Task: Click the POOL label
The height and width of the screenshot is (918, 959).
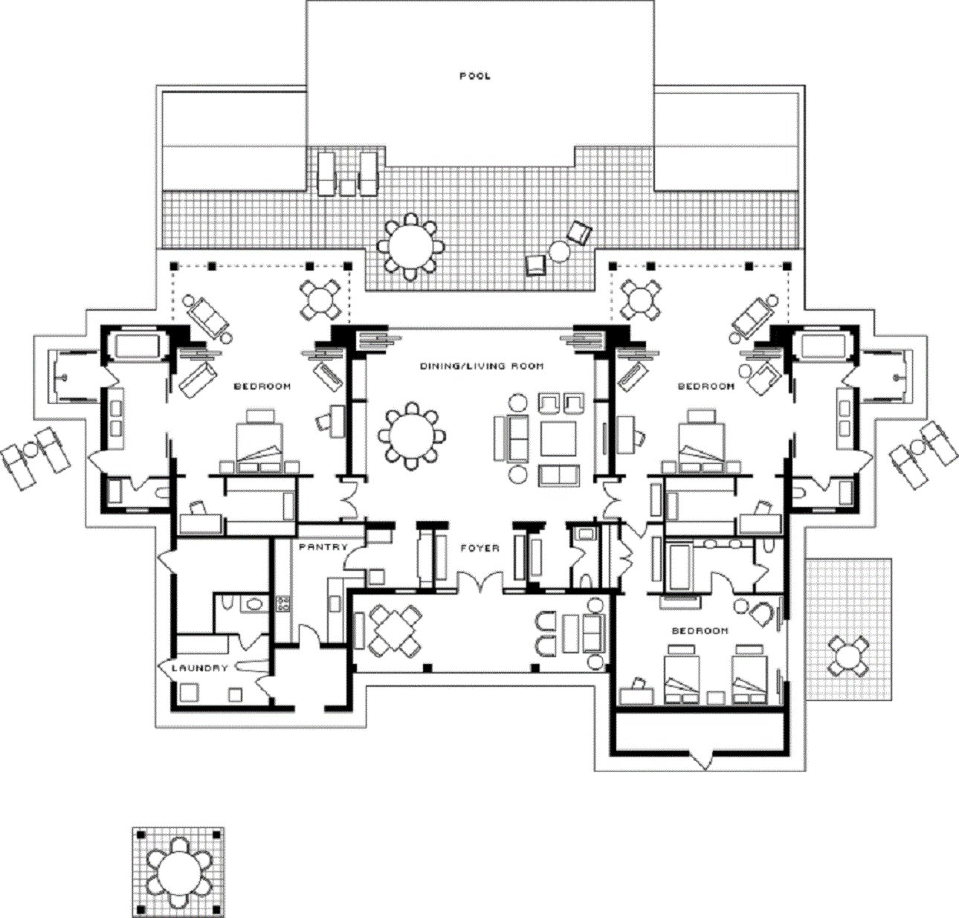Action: pyautogui.click(x=474, y=77)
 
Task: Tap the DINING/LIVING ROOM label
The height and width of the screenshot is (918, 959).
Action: pyautogui.click(x=482, y=366)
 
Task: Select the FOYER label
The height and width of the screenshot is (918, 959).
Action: pyautogui.click(x=480, y=548)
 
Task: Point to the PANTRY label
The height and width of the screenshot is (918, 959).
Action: pyautogui.click(x=323, y=547)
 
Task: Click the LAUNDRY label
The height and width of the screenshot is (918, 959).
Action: pyautogui.click(x=199, y=668)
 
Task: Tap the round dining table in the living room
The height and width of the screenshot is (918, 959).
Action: pyautogui.click(x=411, y=436)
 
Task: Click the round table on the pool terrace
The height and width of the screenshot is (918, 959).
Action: pyautogui.click(x=410, y=246)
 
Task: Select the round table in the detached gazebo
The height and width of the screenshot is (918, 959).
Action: pyautogui.click(x=178, y=873)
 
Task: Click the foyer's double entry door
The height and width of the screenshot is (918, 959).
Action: pyautogui.click(x=480, y=582)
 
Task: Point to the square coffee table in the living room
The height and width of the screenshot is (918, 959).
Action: pyautogui.click(x=558, y=439)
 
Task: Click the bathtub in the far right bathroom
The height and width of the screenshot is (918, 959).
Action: pyautogui.click(x=821, y=346)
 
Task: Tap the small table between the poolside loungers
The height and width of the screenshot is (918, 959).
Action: pyautogui.click(x=348, y=188)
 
